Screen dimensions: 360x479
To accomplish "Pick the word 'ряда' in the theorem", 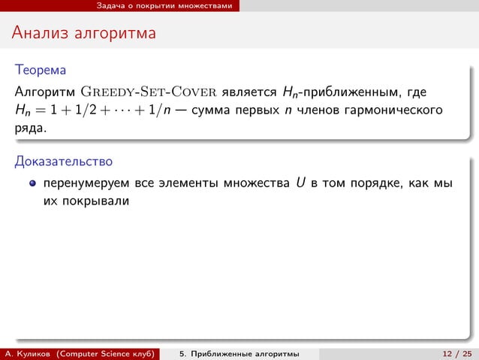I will pyautogui.click(x=29, y=129).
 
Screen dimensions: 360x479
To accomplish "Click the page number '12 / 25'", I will pyautogui.click(x=455, y=353).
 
